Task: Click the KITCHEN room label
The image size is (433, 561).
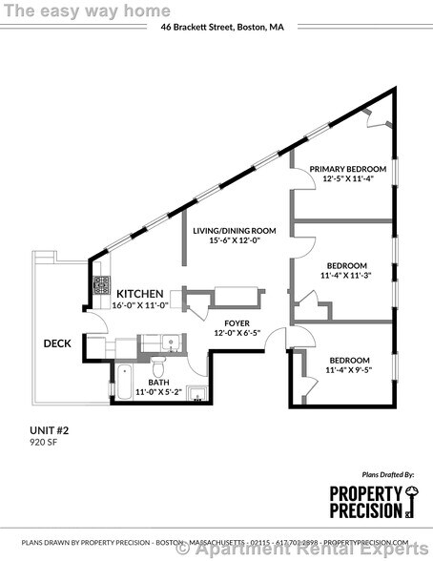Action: click(139, 293)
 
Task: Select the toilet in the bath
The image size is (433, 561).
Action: click(160, 366)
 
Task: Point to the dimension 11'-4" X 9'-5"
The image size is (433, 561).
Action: click(347, 370)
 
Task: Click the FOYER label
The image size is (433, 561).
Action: click(237, 322)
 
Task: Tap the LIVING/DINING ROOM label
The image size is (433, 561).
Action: click(235, 230)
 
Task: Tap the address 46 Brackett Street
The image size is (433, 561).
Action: click(221, 28)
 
